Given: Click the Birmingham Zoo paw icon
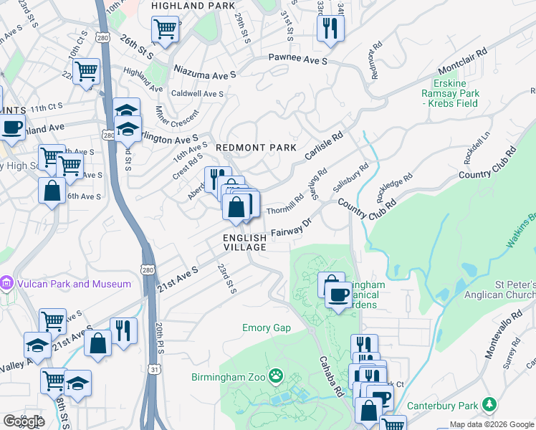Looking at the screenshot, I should coord(275,376).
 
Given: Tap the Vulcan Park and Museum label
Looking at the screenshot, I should coord(72,284).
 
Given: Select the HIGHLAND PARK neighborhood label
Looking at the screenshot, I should coord(192,6).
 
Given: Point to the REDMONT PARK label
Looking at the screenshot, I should coord(256,148).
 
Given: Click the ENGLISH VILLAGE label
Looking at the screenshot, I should coord(244,242).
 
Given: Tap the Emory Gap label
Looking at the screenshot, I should coord(266,328).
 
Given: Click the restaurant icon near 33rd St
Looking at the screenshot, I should coord(330,29).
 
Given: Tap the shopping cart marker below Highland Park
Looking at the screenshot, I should coord(165,30).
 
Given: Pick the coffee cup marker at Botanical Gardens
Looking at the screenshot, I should coord(338,294).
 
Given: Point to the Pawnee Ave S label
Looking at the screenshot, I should coord(297,60).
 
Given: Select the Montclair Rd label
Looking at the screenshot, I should coord(462,60).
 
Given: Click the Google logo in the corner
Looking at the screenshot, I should coord(23,421).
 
